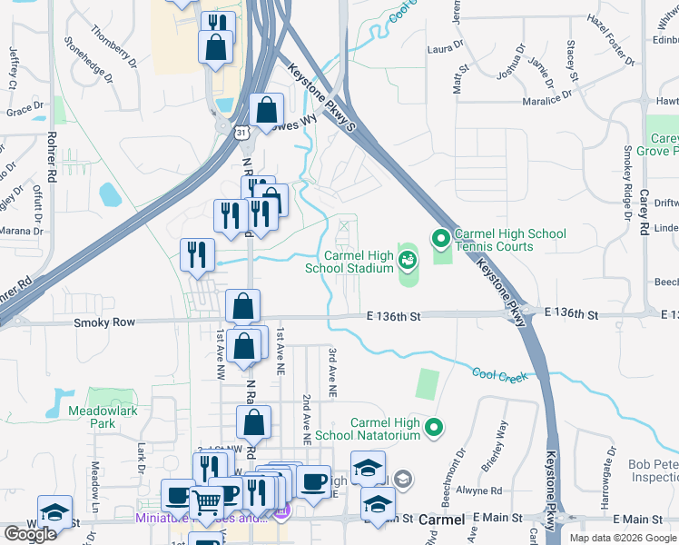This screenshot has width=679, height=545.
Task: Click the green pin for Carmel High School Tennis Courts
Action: click(x=441, y=240)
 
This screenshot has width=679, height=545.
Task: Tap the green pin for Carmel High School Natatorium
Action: click(x=435, y=426)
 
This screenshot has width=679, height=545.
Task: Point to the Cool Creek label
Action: click(x=499, y=374)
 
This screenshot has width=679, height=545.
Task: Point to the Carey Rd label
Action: click(x=643, y=211)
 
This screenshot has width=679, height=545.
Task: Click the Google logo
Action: click(x=30, y=533)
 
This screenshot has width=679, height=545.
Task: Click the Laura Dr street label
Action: click(x=446, y=45)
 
